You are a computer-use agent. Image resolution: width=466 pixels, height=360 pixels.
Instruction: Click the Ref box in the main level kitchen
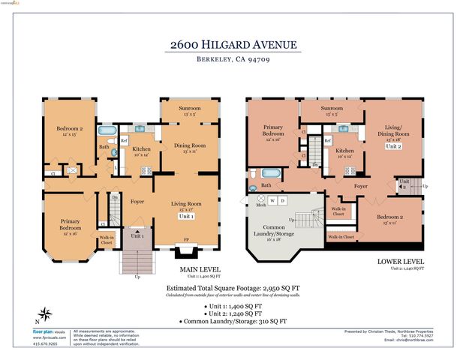pyautogui.click(x=125, y=141)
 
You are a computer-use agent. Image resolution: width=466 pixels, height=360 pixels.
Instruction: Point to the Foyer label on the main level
pyautogui.click(x=137, y=201)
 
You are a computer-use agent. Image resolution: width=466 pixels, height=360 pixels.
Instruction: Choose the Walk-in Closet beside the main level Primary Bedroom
pyautogui.click(x=107, y=240)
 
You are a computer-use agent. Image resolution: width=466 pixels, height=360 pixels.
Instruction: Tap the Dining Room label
pyautogui.click(x=189, y=147)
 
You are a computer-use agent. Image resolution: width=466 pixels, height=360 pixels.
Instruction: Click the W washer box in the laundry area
pyautogui.click(x=272, y=201)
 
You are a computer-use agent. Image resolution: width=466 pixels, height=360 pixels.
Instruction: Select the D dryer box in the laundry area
pyautogui.click(x=283, y=201)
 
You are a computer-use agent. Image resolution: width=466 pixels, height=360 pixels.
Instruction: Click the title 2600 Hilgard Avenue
pyautogui.click(x=233, y=44)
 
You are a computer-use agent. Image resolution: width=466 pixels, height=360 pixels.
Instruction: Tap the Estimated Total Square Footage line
pyautogui.click(x=233, y=287)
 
